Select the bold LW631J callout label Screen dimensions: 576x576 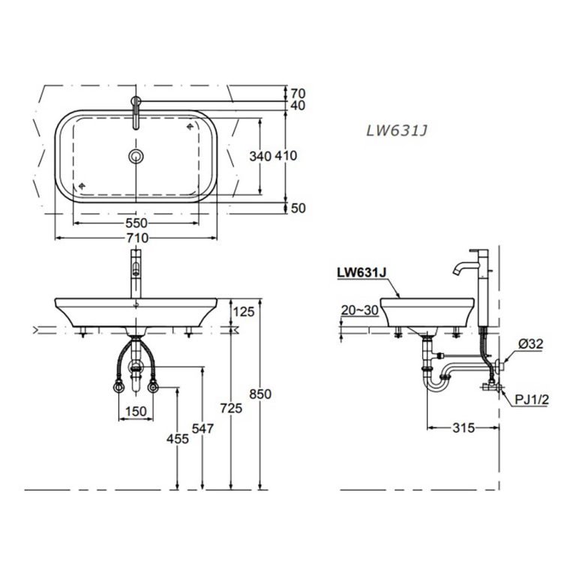click(361, 274)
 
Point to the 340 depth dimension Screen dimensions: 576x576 click(259, 156)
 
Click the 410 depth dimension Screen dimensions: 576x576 click(286, 156)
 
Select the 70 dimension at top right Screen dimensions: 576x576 click(298, 94)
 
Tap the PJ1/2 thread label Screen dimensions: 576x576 click(532, 400)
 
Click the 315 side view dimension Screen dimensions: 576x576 click(463, 428)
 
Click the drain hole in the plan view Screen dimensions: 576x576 click(136, 156)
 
